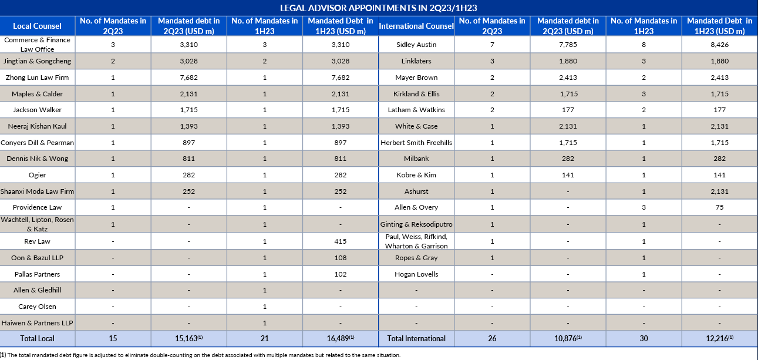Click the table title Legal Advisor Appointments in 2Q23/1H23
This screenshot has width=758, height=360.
point(378,8)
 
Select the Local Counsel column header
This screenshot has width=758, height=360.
point(37,26)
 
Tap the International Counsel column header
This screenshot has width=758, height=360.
point(416,26)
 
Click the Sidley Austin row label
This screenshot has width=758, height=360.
point(416,45)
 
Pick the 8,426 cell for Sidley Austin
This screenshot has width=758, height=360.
point(719,45)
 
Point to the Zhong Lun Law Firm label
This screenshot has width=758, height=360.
point(37,78)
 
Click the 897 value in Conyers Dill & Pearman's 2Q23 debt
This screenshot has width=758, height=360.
point(189,143)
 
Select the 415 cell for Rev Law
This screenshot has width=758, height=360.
point(341,241)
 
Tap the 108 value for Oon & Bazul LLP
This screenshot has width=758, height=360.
point(341,258)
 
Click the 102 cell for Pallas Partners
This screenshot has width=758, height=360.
point(341,274)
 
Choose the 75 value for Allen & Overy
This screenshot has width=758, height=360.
point(719,207)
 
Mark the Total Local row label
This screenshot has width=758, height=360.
point(37,338)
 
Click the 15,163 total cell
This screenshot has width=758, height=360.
point(189,338)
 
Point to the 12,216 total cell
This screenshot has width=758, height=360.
point(719,338)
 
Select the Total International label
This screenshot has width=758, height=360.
point(416,338)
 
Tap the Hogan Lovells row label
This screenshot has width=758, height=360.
point(416,274)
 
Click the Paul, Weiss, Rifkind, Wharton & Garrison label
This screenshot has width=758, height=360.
point(416,241)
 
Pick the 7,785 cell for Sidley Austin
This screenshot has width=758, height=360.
point(568,45)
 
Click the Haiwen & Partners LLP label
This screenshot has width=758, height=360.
point(37,323)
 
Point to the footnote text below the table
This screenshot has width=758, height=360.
point(200,355)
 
